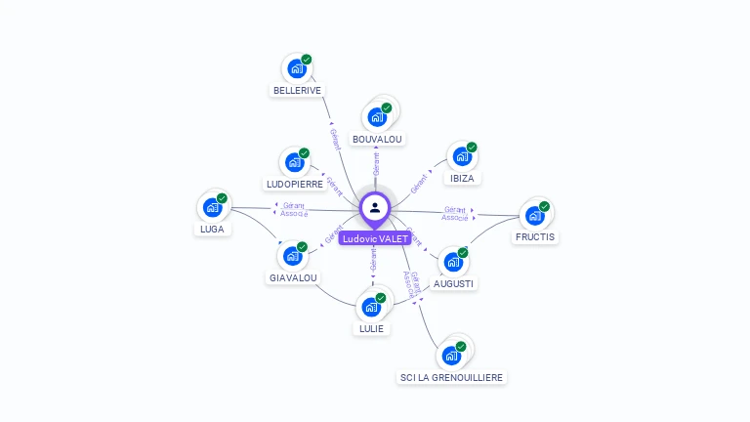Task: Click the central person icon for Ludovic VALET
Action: tap(375, 207)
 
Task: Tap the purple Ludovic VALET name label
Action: tap(375, 238)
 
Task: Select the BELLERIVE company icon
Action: tap(297, 69)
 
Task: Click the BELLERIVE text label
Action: tap(297, 90)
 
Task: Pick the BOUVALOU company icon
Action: tap(377, 117)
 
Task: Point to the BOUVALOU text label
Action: tap(377, 139)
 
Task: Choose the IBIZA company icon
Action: tap(462, 156)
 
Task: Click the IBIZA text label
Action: tap(462, 178)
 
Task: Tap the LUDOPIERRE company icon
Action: tap(294, 163)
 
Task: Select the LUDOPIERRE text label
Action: tap(294, 184)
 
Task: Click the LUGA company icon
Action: tap(212, 207)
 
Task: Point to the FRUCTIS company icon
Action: tap(534, 216)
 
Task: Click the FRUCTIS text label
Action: tap(534, 236)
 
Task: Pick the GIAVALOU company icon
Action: tap(292, 256)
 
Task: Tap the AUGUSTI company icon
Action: tap(453, 262)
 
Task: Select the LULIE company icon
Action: tap(371, 307)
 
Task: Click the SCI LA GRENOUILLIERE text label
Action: tap(453, 377)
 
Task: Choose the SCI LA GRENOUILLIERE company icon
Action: tap(452, 355)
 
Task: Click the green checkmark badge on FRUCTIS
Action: tap(544, 206)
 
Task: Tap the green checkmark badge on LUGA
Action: tap(222, 198)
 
